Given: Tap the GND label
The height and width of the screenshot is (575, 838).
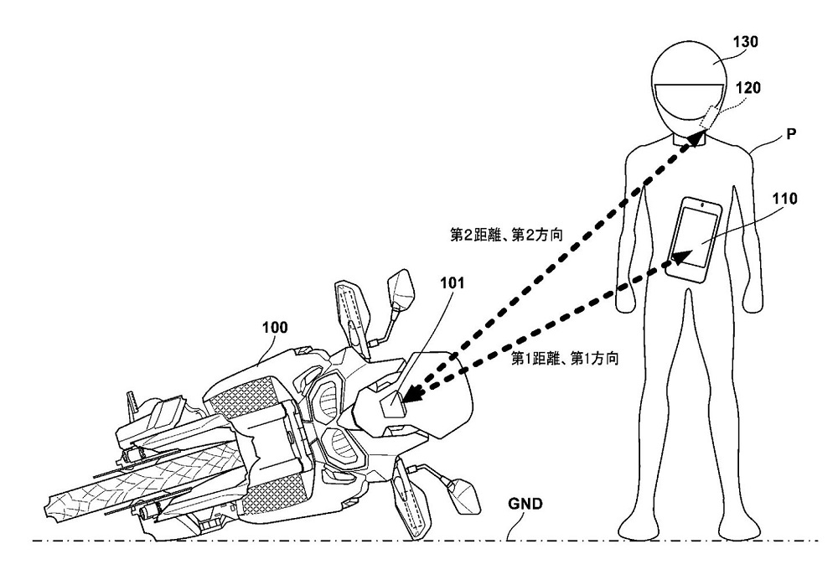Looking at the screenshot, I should point(525,505).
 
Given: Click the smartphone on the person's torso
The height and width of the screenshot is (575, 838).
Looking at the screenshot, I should point(696,237).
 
